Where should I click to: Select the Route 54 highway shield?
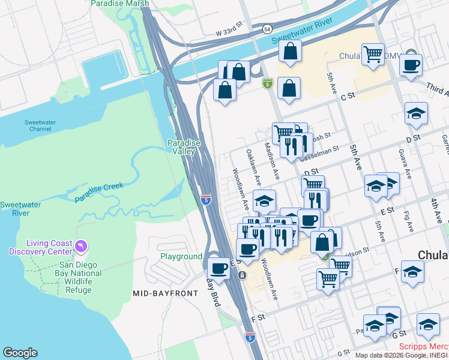[x=267, y=29]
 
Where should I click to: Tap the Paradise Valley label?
[x=183, y=147]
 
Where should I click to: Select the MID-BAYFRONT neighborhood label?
[x=161, y=293]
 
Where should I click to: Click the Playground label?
[x=181, y=256]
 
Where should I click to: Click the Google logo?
[x=20, y=353]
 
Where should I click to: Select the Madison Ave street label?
[x=271, y=161]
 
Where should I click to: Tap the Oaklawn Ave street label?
[x=253, y=167]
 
